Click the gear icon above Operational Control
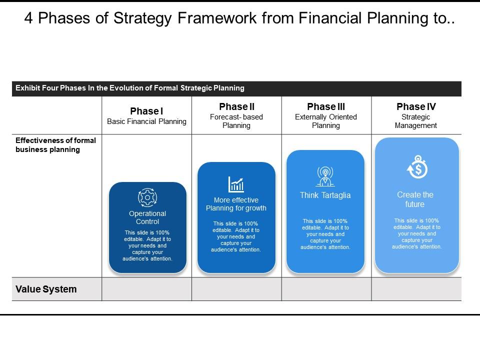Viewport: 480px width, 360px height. pos(147,197)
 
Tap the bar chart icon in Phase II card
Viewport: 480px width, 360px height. pos(236,184)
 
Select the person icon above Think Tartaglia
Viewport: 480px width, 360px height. pos(325,176)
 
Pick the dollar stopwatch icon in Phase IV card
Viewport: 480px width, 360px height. pos(417,167)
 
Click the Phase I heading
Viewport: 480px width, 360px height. pos(146,111)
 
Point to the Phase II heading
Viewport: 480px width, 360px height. pos(236,106)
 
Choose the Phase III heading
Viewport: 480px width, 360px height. pos(326,106)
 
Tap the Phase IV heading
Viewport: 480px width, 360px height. pos(416,106)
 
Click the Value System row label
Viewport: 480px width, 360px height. pos(46,289)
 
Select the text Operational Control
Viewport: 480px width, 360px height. pos(147,217)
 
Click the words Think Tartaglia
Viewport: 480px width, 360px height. pos(325,195)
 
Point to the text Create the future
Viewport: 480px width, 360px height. pos(415,199)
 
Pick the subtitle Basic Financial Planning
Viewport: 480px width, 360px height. pos(146,121)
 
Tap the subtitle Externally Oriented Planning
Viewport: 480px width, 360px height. pos(326,121)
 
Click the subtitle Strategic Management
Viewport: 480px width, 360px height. pos(415,121)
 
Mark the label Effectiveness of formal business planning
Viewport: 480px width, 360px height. pos(55,145)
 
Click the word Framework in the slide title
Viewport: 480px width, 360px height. pos(217,18)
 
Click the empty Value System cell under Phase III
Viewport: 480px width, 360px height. pos(326,289)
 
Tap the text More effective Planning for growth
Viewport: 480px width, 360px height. pos(236,204)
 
